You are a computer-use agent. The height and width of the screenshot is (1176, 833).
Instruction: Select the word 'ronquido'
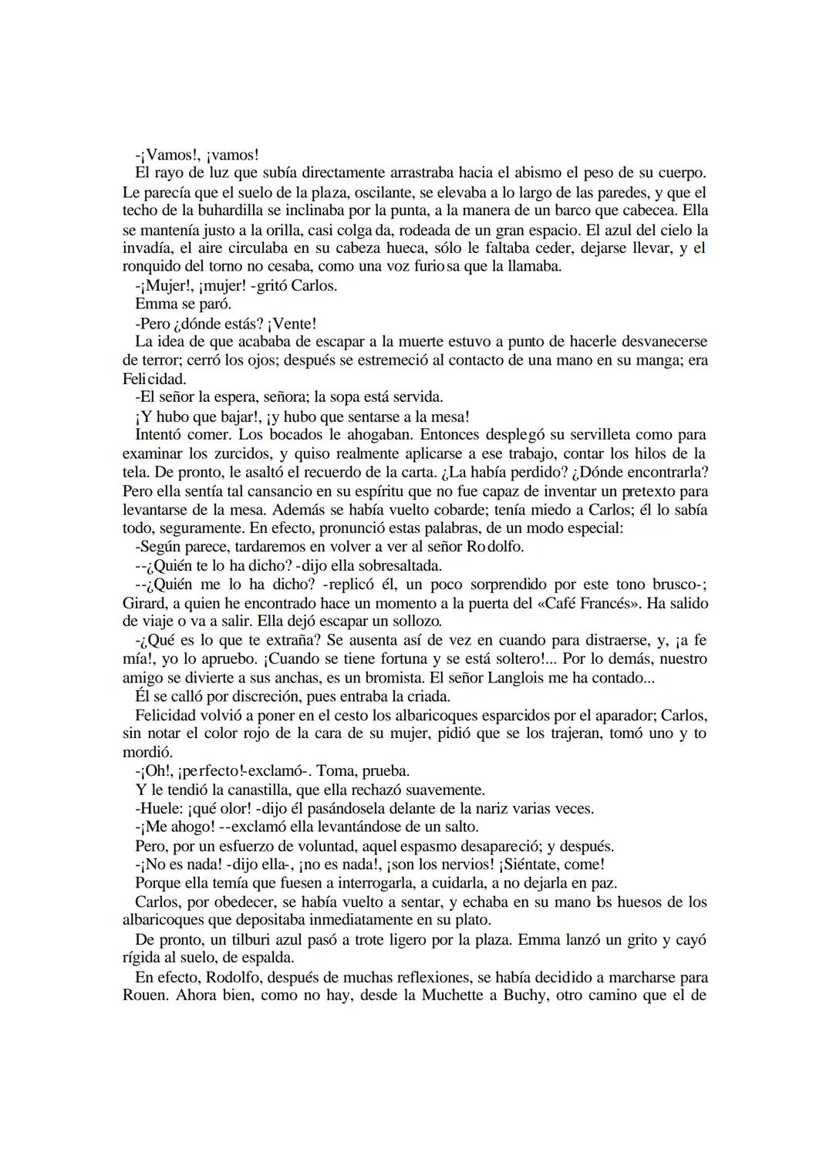(150, 267)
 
